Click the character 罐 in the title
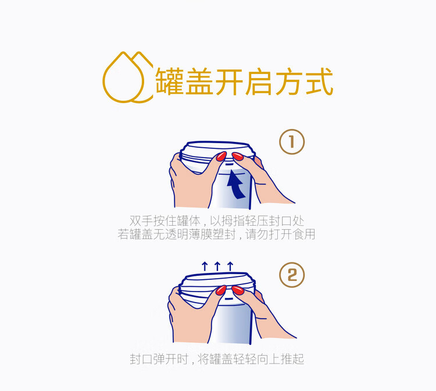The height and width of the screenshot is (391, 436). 170,82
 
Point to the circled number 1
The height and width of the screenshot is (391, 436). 292,141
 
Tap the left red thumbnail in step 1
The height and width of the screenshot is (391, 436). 221,156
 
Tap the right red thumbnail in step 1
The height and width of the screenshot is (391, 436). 238,156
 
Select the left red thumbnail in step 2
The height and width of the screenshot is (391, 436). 221,290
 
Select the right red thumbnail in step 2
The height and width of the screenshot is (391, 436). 238,290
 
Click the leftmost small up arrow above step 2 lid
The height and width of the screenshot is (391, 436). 205,266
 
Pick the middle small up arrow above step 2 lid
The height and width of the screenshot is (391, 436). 217,266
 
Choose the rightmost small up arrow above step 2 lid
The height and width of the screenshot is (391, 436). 230,266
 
